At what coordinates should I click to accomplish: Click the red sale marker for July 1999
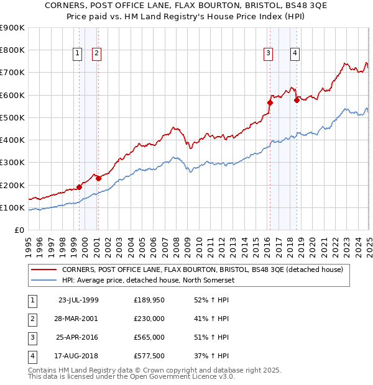[x=80, y=187]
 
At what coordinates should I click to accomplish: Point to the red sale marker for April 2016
[x=270, y=102]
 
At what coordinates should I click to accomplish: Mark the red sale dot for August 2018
[x=297, y=100]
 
